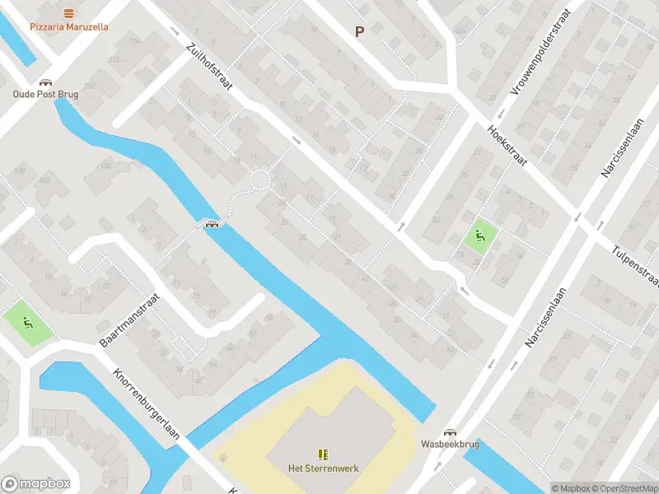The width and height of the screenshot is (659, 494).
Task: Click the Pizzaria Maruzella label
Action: tap(69, 26)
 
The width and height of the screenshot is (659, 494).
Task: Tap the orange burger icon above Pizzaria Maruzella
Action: tap(69, 12)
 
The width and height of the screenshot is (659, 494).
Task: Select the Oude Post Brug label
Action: tap(45, 94)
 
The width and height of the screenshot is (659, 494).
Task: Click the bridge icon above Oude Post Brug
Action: tap(45, 82)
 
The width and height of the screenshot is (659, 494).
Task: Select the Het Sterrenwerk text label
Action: tap(323, 468)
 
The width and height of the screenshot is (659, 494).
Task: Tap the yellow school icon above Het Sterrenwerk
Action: tap(323, 454)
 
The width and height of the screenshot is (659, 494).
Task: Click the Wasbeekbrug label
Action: tap(450, 443)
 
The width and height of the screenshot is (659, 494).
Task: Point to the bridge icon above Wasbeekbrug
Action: tap(450, 432)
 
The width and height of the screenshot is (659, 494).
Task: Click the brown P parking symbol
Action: tap(359, 31)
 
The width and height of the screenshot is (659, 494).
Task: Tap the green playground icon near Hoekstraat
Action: tap(479, 237)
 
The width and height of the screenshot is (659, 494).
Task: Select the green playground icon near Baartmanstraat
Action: tap(29, 323)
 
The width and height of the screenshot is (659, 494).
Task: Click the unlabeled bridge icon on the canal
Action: tap(212, 225)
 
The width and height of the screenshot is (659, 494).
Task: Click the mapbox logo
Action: tap(35, 483)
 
